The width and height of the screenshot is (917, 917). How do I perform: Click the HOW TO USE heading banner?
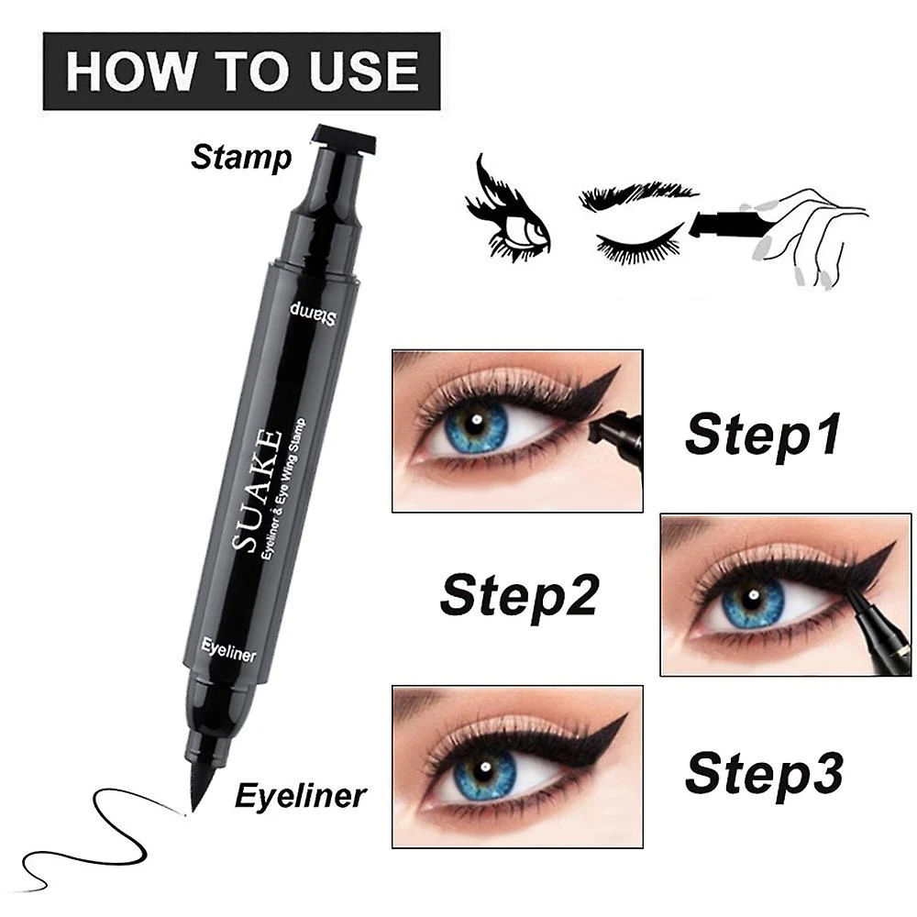pos(241,72)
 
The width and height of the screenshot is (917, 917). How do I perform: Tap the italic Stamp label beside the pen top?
pos(241,157)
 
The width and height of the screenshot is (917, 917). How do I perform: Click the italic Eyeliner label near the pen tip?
pos(300,794)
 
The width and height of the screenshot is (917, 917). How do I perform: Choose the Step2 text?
pos(519,594)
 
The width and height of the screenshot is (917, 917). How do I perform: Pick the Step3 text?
pos(764,772)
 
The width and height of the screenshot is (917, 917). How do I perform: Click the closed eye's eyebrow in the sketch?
pos(637,197)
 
